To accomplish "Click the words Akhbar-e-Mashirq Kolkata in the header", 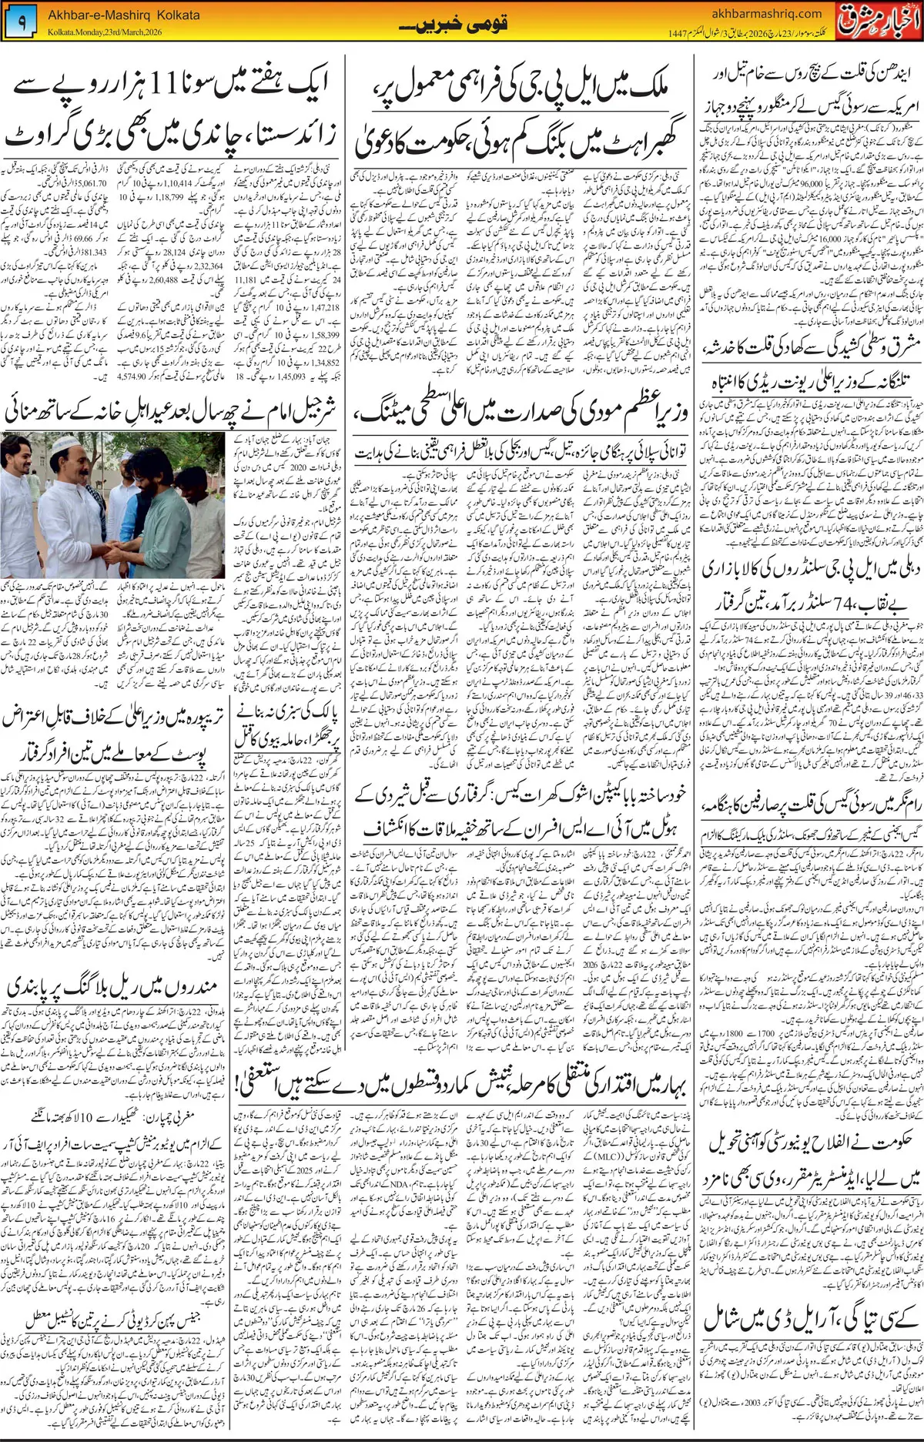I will coord(123,15).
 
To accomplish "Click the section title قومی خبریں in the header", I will coord(454,25).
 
